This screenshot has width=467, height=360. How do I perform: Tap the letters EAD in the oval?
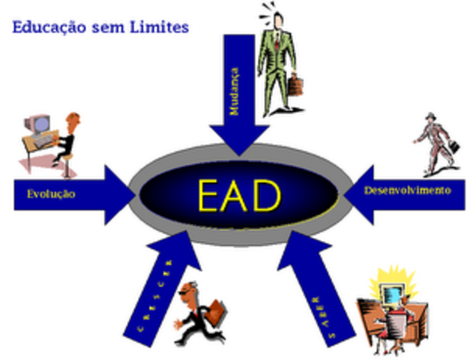click(238, 195)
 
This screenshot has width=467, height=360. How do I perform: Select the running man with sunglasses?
click(196, 315)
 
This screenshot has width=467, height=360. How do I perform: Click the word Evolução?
click(51, 193)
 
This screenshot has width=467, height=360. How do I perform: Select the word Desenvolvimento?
click(408, 190)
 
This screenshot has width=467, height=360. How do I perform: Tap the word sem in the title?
click(109, 28)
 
